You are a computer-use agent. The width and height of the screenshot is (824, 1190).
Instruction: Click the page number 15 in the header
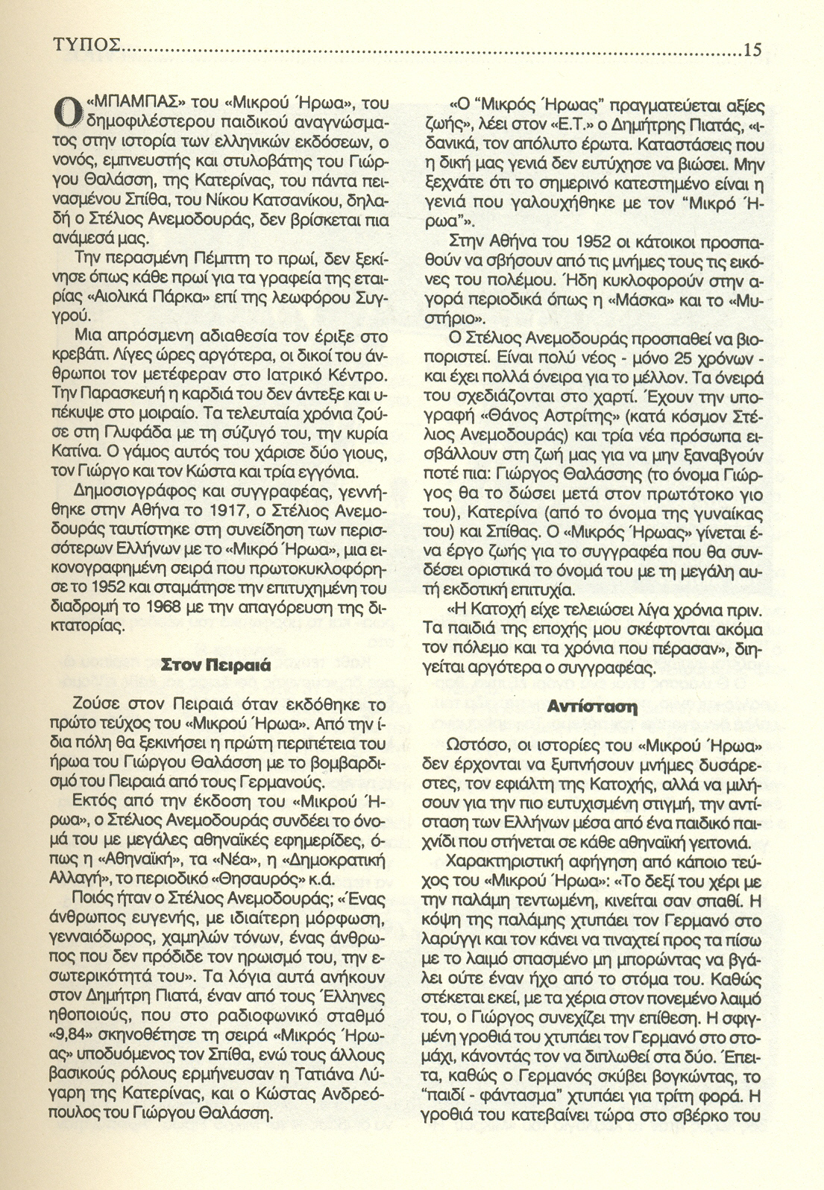[752, 51]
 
